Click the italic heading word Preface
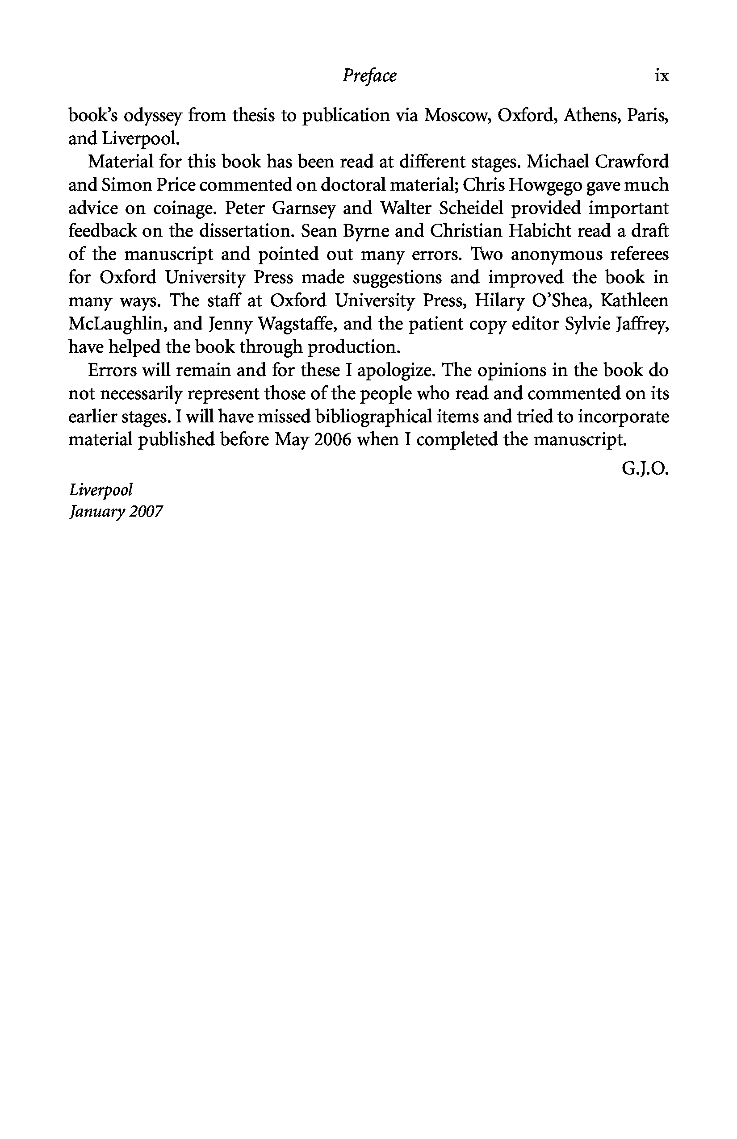(369, 76)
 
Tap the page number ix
(662, 76)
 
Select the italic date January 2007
(116, 512)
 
